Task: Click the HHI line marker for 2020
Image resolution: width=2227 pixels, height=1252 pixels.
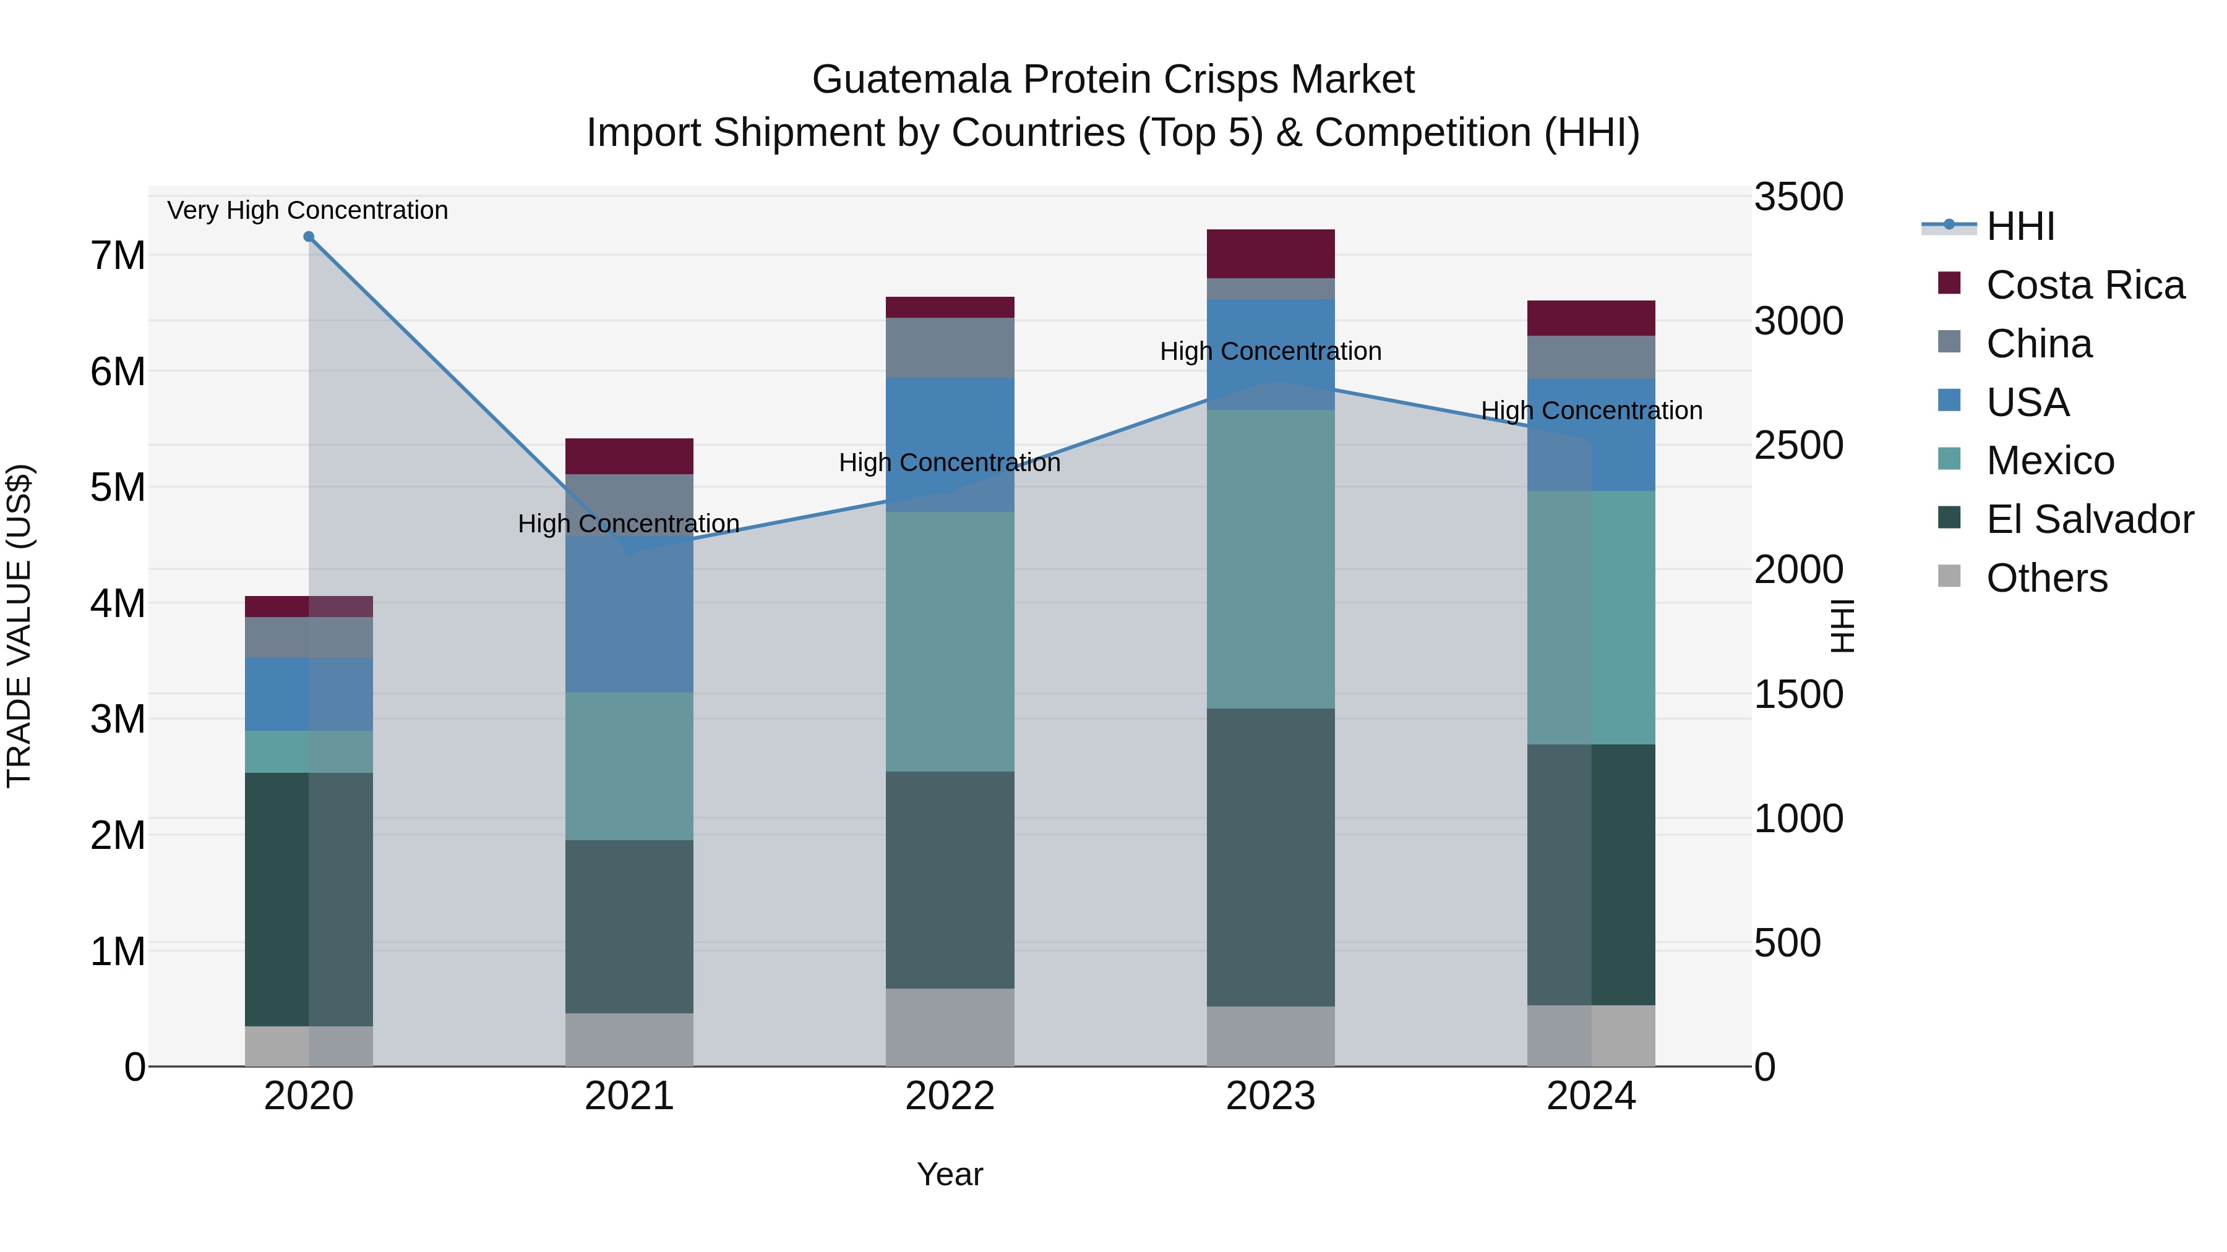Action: [x=309, y=237]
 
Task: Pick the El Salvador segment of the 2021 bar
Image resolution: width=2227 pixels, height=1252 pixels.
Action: [x=629, y=926]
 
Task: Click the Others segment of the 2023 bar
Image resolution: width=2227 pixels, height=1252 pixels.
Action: [x=1270, y=1036]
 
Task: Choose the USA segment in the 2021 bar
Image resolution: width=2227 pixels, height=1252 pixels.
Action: [x=629, y=613]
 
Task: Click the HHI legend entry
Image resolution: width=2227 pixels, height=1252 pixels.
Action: [x=2020, y=226]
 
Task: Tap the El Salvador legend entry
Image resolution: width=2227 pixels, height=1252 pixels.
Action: [x=2088, y=519]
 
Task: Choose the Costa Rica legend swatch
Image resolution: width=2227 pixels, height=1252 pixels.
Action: [x=1949, y=283]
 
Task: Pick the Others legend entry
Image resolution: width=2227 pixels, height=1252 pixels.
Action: [x=2046, y=578]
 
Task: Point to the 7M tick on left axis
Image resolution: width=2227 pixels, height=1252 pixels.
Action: [x=118, y=256]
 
